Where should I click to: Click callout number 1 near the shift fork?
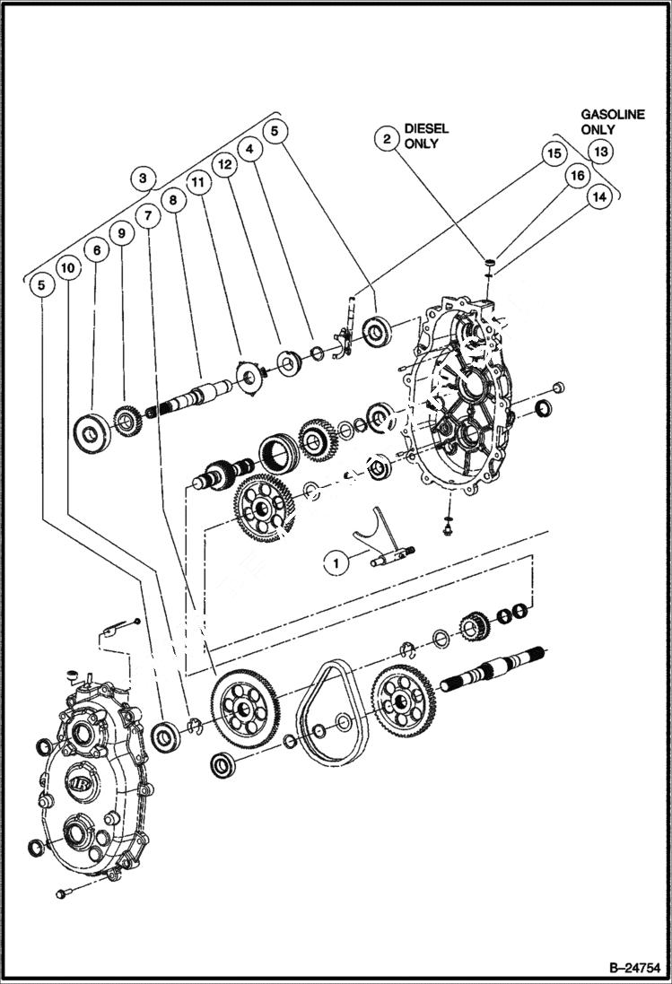point(336,563)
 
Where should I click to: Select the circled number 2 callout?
point(386,138)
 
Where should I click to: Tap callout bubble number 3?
point(142,178)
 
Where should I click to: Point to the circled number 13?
point(600,152)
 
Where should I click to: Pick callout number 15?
point(554,153)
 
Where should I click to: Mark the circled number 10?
point(67,266)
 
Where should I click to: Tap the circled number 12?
point(223,164)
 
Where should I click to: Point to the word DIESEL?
point(425,129)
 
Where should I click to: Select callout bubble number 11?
point(198,181)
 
